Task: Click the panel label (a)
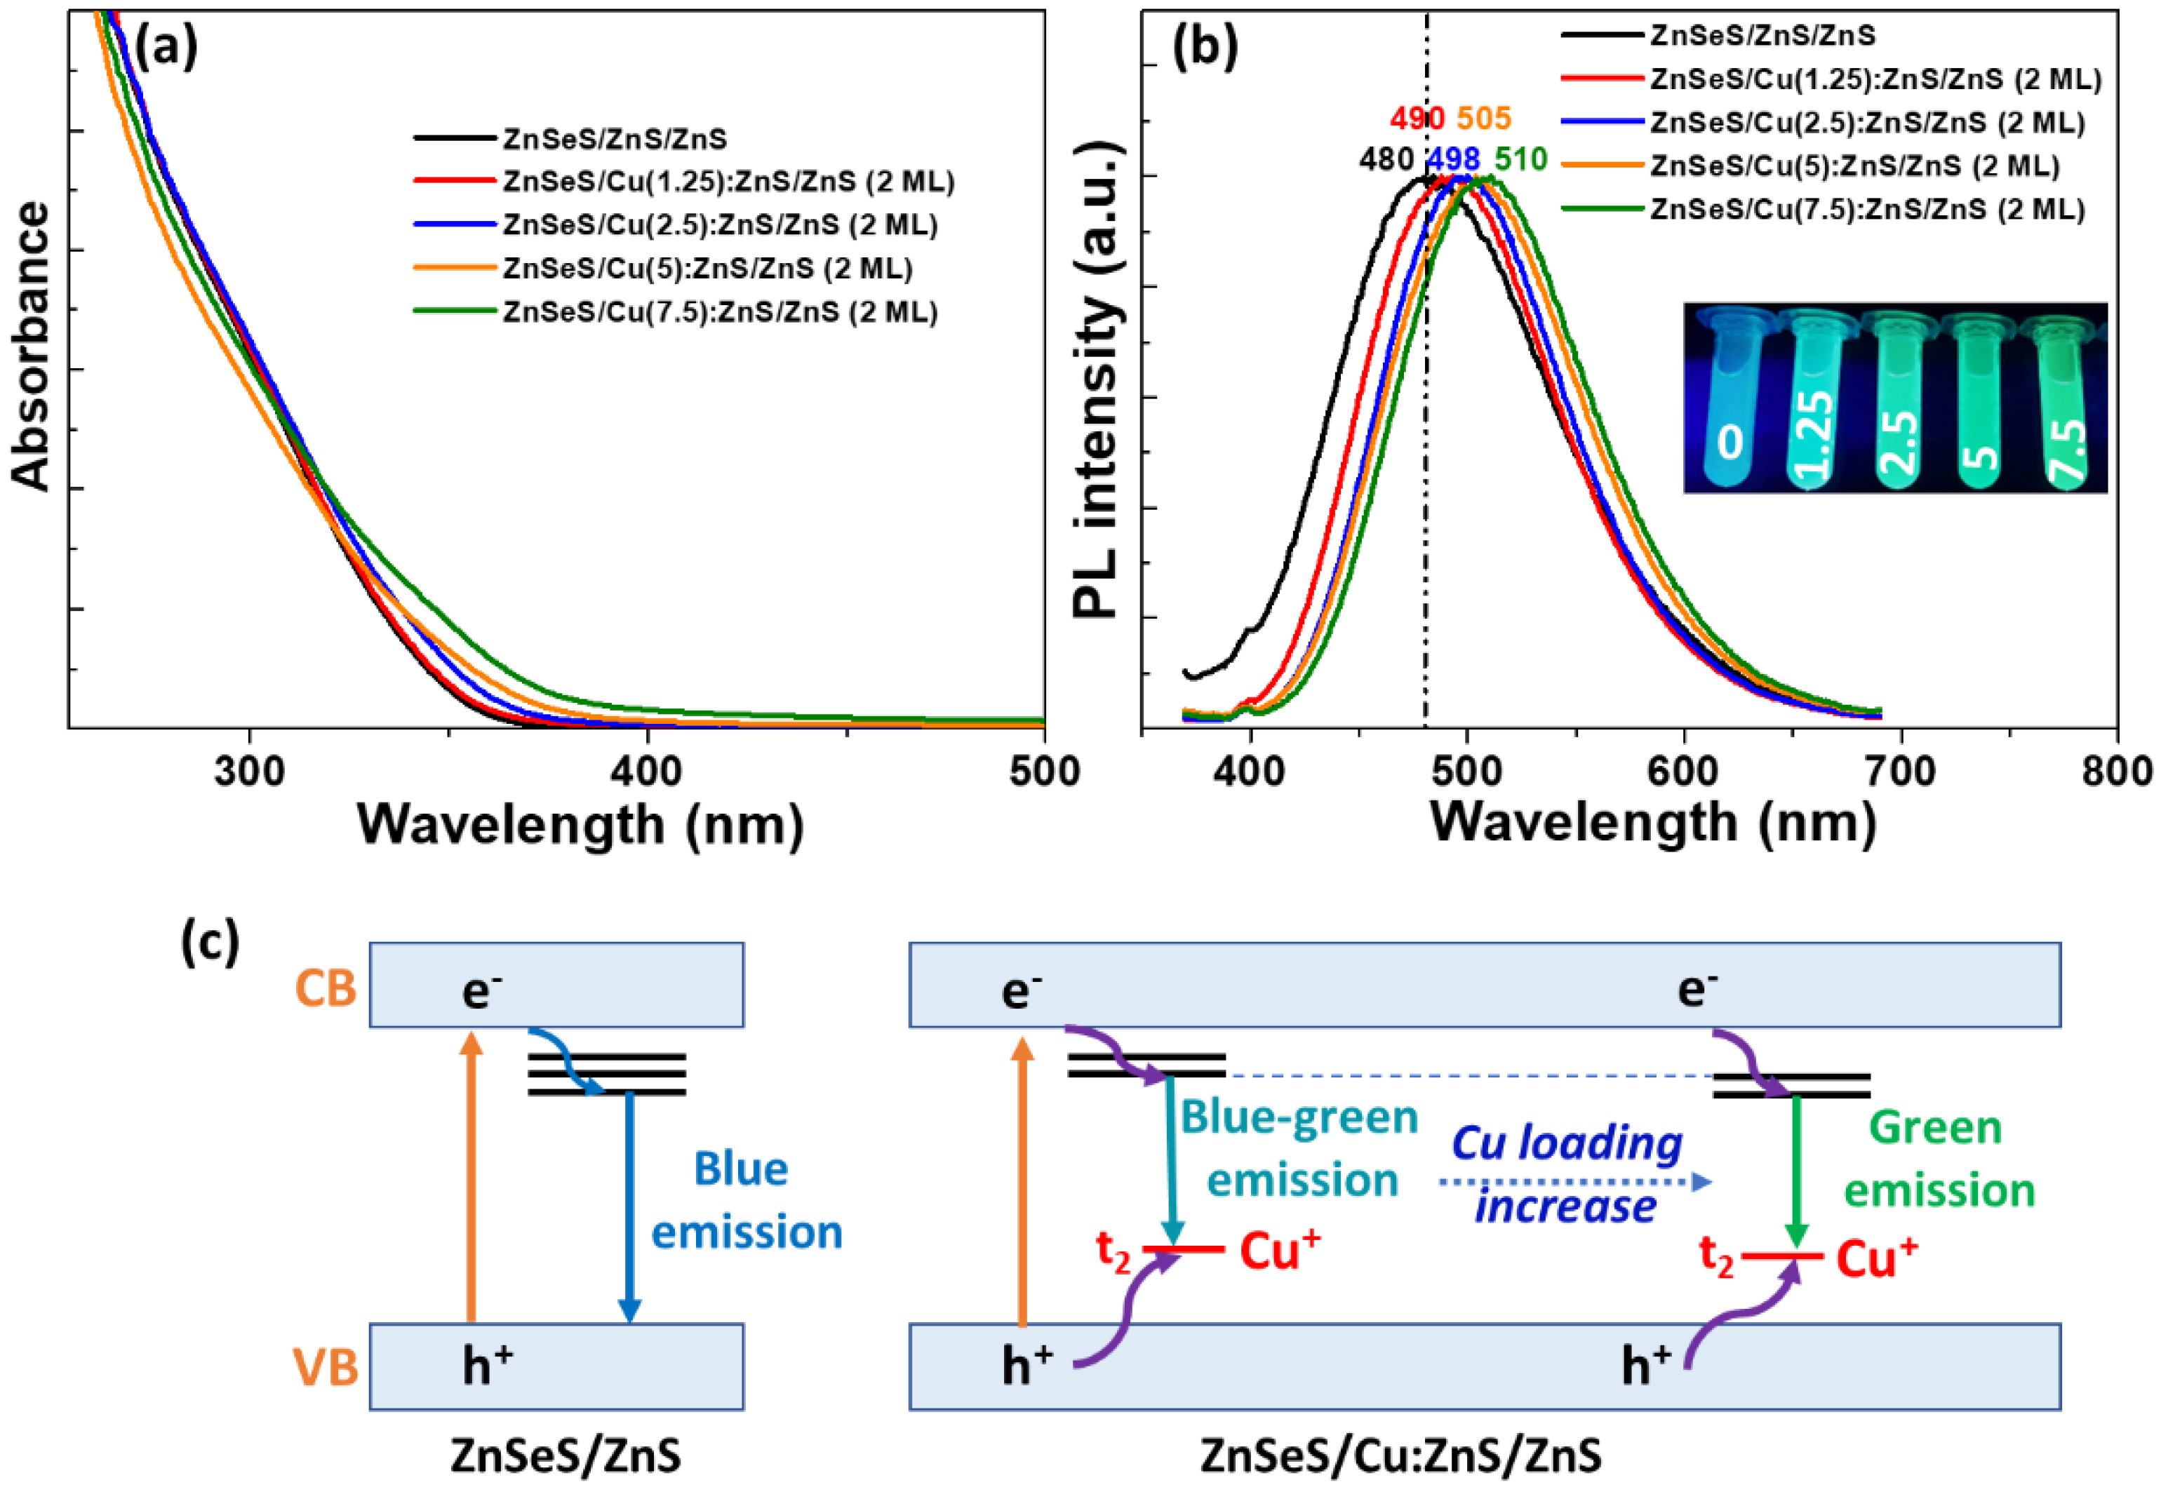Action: pos(165,48)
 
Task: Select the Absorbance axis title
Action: pos(32,346)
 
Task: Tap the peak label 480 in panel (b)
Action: pos(1386,160)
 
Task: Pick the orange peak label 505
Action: pos(1483,119)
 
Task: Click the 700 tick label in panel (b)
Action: pos(1901,772)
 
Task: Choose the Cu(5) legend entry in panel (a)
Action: pos(707,269)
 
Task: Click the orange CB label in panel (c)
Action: pos(326,988)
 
